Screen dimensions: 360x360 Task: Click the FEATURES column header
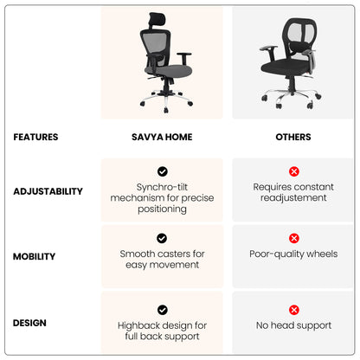[35, 137]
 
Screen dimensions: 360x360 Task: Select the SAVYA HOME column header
[162, 137]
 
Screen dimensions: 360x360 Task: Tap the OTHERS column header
[293, 137]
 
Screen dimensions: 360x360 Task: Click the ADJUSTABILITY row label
[48, 191]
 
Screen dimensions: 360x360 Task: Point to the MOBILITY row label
[34, 256]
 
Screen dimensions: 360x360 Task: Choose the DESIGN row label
[29, 323]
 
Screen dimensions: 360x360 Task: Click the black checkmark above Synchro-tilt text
[163, 171]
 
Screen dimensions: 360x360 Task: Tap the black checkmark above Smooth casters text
[162, 238]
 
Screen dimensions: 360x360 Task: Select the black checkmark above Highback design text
[163, 310]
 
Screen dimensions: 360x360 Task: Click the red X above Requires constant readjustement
[294, 171]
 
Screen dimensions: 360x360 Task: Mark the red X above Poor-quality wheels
[294, 238]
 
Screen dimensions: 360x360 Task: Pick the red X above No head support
[294, 310]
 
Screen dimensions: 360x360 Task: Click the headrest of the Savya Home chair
[157, 19]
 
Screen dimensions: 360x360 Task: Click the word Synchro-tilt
[162, 187]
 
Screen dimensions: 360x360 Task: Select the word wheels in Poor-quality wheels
[322, 254]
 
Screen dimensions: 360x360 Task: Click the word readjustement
[293, 198]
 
